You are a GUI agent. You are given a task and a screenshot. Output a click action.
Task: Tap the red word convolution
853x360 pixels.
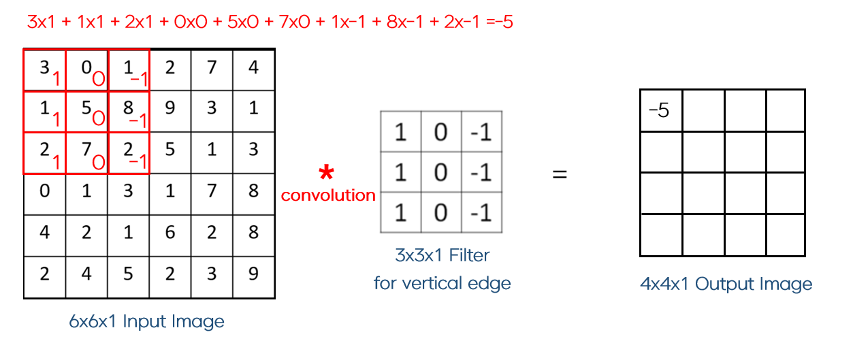point(328,195)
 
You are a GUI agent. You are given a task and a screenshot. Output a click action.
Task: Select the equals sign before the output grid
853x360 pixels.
point(559,174)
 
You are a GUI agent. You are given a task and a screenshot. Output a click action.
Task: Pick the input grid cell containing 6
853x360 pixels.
point(170,233)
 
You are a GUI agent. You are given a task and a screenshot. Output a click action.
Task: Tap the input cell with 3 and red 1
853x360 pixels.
point(44,70)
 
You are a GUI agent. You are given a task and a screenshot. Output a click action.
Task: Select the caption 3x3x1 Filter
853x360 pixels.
point(442,256)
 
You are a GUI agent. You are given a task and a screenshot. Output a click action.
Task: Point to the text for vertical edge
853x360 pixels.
point(442,282)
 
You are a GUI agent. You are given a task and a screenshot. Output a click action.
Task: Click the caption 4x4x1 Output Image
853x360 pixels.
point(726,284)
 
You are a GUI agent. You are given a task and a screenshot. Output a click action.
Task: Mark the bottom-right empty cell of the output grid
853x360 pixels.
point(786,235)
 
